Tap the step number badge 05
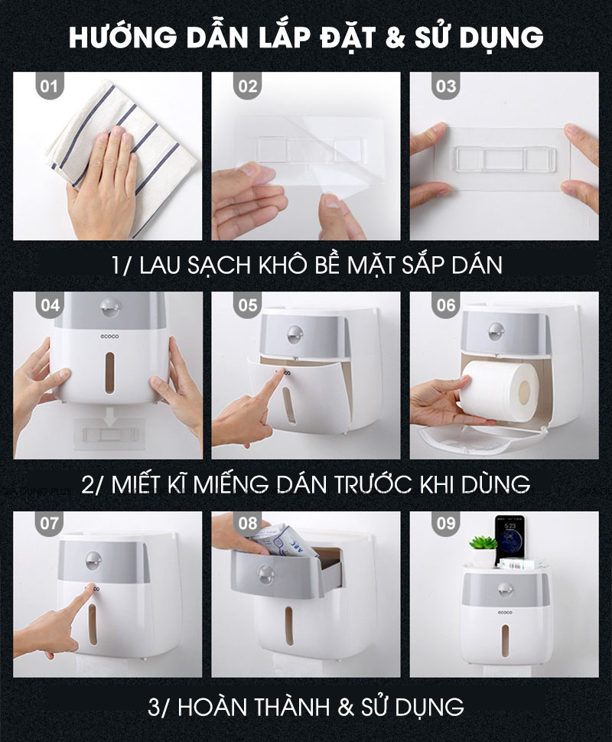click(x=247, y=305)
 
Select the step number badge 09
click(x=445, y=525)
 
